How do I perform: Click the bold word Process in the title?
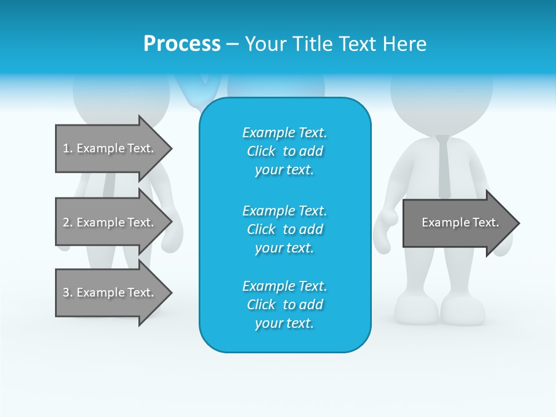click(182, 43)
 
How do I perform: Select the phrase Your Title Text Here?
click(335, 43)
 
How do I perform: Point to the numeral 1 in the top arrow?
click(65, 148)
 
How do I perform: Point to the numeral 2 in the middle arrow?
click(65, 222)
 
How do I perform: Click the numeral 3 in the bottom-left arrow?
click(65, 292)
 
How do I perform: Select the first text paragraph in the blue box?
click(284, 151)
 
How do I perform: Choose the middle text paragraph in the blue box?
click(284, 229)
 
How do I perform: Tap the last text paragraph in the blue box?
click(284, 305)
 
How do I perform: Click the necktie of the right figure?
click(444, 165)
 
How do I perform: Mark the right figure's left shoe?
click(416, 310)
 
